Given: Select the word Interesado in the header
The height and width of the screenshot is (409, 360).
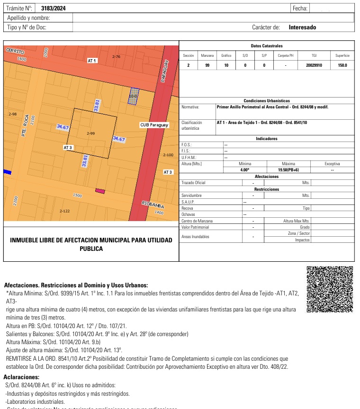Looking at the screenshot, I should tap(302, 27).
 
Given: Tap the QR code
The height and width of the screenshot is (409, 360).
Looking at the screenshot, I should tap(330, 289).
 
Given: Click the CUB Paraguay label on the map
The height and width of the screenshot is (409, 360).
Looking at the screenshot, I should tap(154, 125).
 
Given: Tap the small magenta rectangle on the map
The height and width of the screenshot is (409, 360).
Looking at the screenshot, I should tap(100, 191).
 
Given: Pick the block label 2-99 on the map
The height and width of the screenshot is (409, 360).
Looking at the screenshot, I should tap(91, 134).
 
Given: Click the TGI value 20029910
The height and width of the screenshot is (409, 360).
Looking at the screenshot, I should tap(314, 65).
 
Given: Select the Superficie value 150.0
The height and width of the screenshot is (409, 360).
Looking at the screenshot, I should tap(342, 65).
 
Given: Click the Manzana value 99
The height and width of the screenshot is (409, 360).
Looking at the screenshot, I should tap(207, 65).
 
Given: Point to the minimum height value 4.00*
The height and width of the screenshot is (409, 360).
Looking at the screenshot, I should tap(245, 169).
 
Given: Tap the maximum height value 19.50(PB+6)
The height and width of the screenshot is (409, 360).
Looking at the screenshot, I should tap(288, 169).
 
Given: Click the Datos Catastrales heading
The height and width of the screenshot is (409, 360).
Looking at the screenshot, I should tap(266, 46).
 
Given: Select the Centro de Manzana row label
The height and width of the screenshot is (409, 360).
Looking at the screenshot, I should tap(197, 221).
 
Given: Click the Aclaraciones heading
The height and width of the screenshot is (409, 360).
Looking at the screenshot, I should tap(21, 377).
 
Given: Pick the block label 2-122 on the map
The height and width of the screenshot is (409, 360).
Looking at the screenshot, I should tap(64, 211).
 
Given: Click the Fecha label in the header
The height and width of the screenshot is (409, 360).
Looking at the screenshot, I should tap(300, 9).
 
